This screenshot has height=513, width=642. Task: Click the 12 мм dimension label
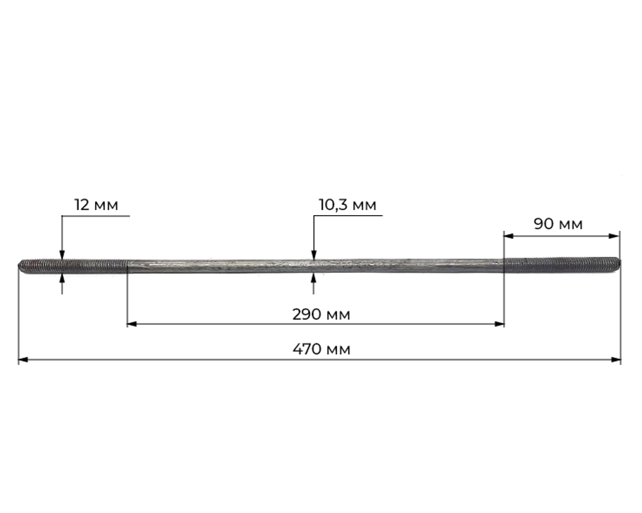click(96, 205)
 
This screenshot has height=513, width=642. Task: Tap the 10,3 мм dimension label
click(347, 205)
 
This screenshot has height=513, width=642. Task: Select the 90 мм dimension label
click(558, 224)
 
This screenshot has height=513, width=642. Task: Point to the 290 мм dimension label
click(322, 315)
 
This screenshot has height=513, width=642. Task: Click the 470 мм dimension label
click(322, 349)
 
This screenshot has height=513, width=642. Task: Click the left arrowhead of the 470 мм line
click(23, 360)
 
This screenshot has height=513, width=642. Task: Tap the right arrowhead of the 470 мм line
click(616, 360)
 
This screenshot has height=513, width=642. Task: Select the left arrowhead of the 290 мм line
click(132, 324)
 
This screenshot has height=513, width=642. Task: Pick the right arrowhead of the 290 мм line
click(499, 324)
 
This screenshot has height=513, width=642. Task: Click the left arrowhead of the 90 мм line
click(509, 236)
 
